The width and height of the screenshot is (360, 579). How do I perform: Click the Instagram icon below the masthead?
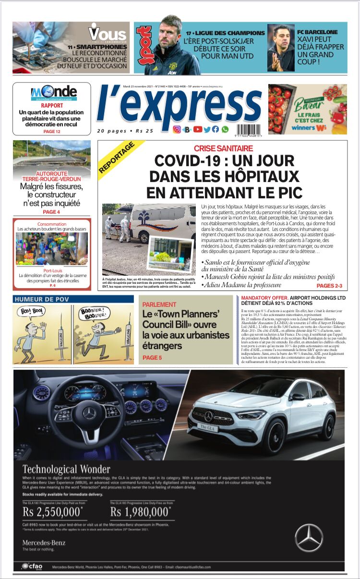click(x=177, y=129)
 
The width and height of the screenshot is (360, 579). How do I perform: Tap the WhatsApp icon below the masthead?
click(x=225, y=129)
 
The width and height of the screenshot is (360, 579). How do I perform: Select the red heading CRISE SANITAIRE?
click(x=223, y=149)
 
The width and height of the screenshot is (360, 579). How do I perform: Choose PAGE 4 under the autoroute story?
click(x=51, y=212)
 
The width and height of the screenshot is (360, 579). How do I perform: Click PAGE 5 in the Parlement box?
click(x=152, y=358)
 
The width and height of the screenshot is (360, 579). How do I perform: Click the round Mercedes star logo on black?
click(x=309, y=537)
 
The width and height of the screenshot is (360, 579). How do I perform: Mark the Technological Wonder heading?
click(x=66, y=469)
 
